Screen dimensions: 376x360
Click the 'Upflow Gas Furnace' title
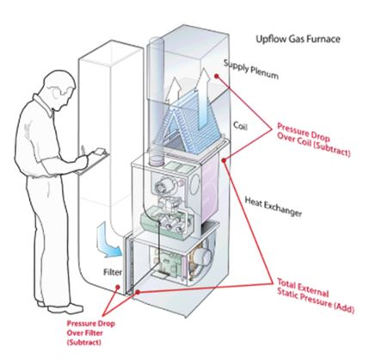pyautogui.click(x=298, y=39)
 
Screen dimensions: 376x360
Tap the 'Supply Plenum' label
pyautogui.click(x=251, y=69)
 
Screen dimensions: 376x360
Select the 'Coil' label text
pyautogui.click(x=240, y=126)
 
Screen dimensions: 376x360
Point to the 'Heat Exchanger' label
pyautogui.click(x=274, y=207)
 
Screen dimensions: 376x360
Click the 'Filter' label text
pyautogui.click(x=113, y=272)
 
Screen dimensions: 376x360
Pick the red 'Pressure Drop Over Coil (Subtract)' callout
pyautogui.click(x=313, y=140)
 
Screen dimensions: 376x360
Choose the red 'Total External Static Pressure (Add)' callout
pyautogui.click(x=315, y=296)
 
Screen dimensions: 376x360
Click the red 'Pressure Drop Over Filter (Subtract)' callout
pyautogui.click(x=90, y=332)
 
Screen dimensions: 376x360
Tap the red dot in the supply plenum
pyautogui.click(x=217, y=76)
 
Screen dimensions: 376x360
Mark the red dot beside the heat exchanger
pyautogui.click(x=225, y=160)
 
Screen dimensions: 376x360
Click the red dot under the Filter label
pyautogui.click(x=117, y=287)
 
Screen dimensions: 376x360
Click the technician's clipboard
pyautogui.click(x=93, y=161)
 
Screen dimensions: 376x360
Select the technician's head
pyautogui.click(x=59, y=89)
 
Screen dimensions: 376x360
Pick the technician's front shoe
pyautogui.click(x=66, y=308)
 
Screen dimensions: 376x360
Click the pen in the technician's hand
pyautogui.click(x=83, y=151)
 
